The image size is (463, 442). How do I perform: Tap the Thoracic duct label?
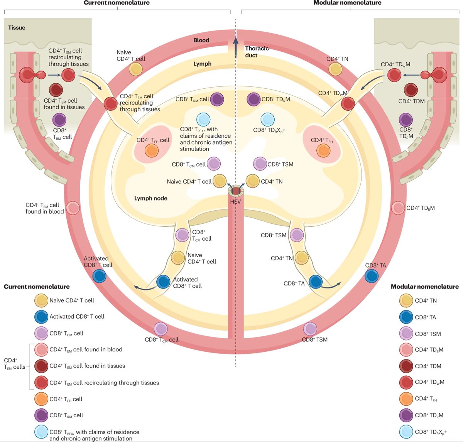(x=257, y=52)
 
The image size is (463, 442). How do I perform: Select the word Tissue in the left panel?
(x=17, y=28)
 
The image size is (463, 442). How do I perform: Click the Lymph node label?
(x=150, y=198)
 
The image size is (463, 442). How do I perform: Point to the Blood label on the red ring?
(x=201, y=40)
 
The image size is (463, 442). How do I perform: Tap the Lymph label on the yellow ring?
(x=202, y=64)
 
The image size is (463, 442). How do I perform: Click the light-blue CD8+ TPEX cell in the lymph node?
(x=203, y=120)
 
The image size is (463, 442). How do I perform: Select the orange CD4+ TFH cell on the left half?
(x=152, y=150)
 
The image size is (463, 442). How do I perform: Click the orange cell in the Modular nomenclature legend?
(x=406, y=399)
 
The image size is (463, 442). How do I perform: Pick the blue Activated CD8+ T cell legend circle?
(x=41, y=317)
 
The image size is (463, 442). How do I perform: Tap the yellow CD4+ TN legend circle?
(x=406, y=301)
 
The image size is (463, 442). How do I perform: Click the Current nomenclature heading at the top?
(x=117, y=3)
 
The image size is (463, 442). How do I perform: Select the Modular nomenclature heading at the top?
(x=347, y=3)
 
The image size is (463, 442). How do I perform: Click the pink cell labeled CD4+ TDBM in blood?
(x=398, y=208)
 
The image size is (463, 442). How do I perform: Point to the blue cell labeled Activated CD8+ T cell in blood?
(x=100, y=276)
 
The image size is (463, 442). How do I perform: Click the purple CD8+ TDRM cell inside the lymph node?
(x=253, y=99)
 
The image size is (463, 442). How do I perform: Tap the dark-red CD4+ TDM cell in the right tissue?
(x=410, y=90)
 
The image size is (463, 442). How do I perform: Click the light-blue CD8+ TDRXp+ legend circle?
(x=406, y=432)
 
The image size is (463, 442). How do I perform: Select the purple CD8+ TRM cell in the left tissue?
(x=59, y=120)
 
